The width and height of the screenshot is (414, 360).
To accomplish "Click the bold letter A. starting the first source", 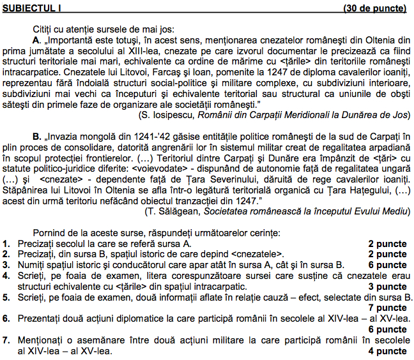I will point(36,40).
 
